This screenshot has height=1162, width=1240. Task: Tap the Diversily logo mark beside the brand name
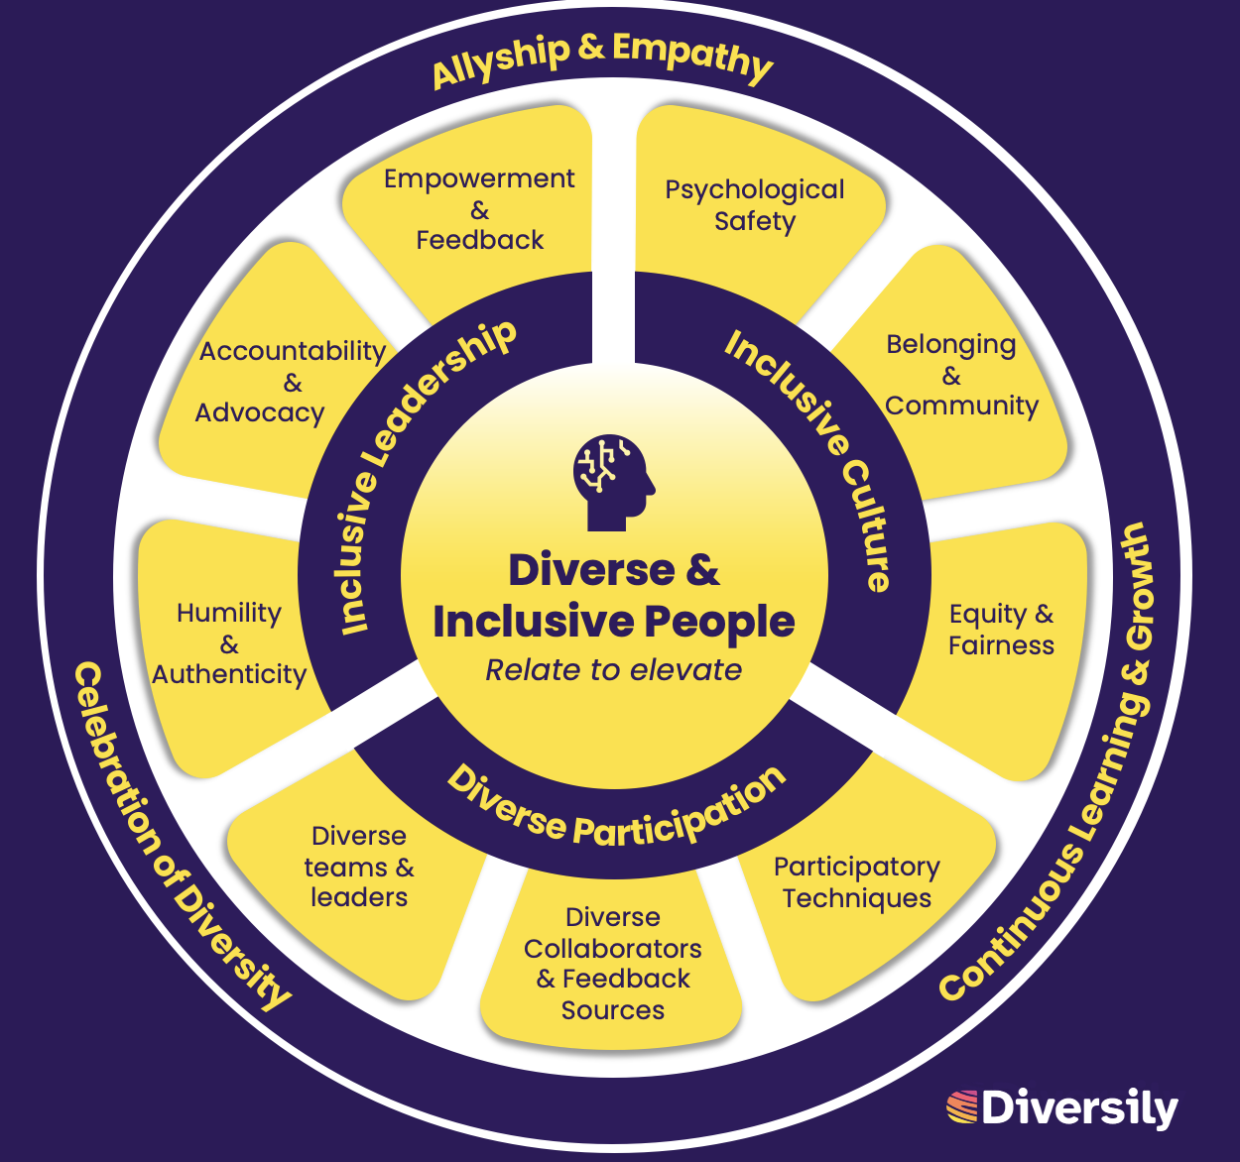pos(961,1107)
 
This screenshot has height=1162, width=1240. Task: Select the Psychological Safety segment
pos(755,205)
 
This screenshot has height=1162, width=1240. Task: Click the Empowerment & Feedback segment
pos(479,209)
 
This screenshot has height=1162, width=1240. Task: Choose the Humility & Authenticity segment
pos(229,643)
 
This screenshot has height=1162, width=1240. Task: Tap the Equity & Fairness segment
pos(1000,630)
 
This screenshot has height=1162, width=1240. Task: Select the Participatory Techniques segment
pos(857,882)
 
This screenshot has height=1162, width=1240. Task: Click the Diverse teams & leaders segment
pos(358,867)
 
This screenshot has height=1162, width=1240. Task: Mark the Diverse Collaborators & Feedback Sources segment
pos(613,963)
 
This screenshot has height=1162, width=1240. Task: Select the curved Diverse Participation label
pos(616,809)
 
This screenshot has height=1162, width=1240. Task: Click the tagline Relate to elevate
pos(613,670)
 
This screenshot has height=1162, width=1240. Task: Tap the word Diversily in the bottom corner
pos(1079,1108)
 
